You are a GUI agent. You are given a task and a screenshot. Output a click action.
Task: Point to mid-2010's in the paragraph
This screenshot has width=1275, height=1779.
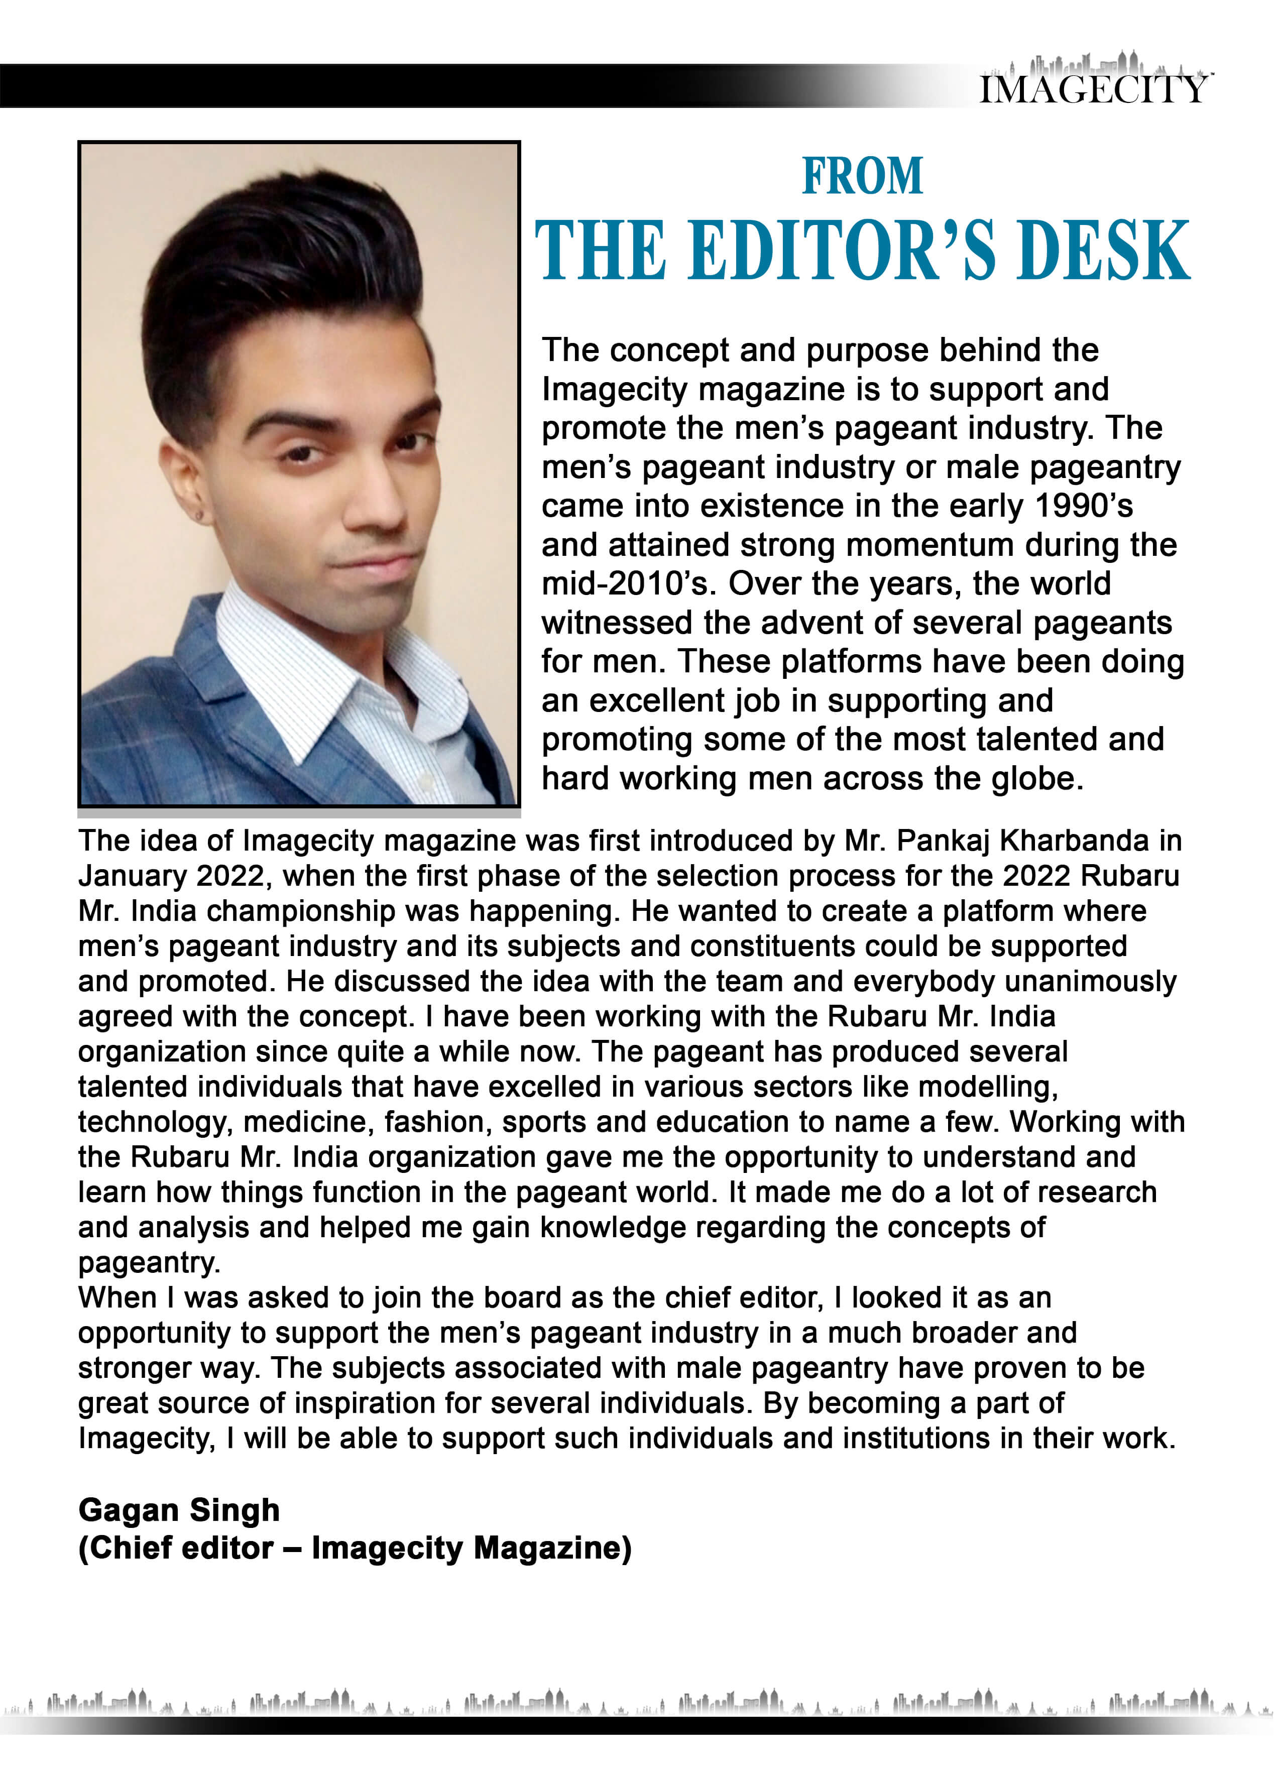pyautogui.click(x=626, y=583)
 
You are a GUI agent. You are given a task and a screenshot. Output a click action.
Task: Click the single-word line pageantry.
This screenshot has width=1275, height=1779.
pyautogui.click(x=148, y=1263)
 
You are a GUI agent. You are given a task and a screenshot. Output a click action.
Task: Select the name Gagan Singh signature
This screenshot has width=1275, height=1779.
pyautogui.click(x=179, y=1510)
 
